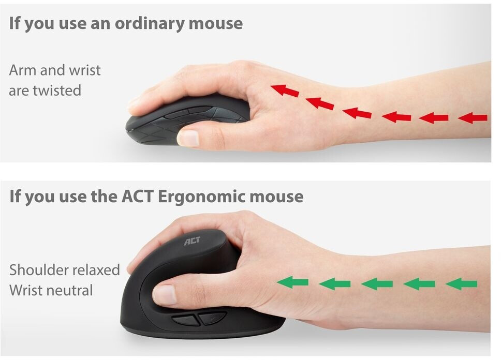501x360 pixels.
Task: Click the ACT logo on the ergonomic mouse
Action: [192, 241]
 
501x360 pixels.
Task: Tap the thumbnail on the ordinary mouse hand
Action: [188, 138]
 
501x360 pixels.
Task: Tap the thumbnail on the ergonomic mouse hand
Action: [165, 294]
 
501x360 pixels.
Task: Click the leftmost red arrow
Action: [284, 91]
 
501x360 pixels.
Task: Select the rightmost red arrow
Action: [473, 117]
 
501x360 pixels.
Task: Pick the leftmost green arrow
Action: [292, 282]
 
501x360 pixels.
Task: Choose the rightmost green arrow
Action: [461, 283]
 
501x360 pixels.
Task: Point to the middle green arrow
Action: [377, 283]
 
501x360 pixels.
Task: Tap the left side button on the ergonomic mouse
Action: [186, 320]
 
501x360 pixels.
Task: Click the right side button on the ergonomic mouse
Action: [212, 318]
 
